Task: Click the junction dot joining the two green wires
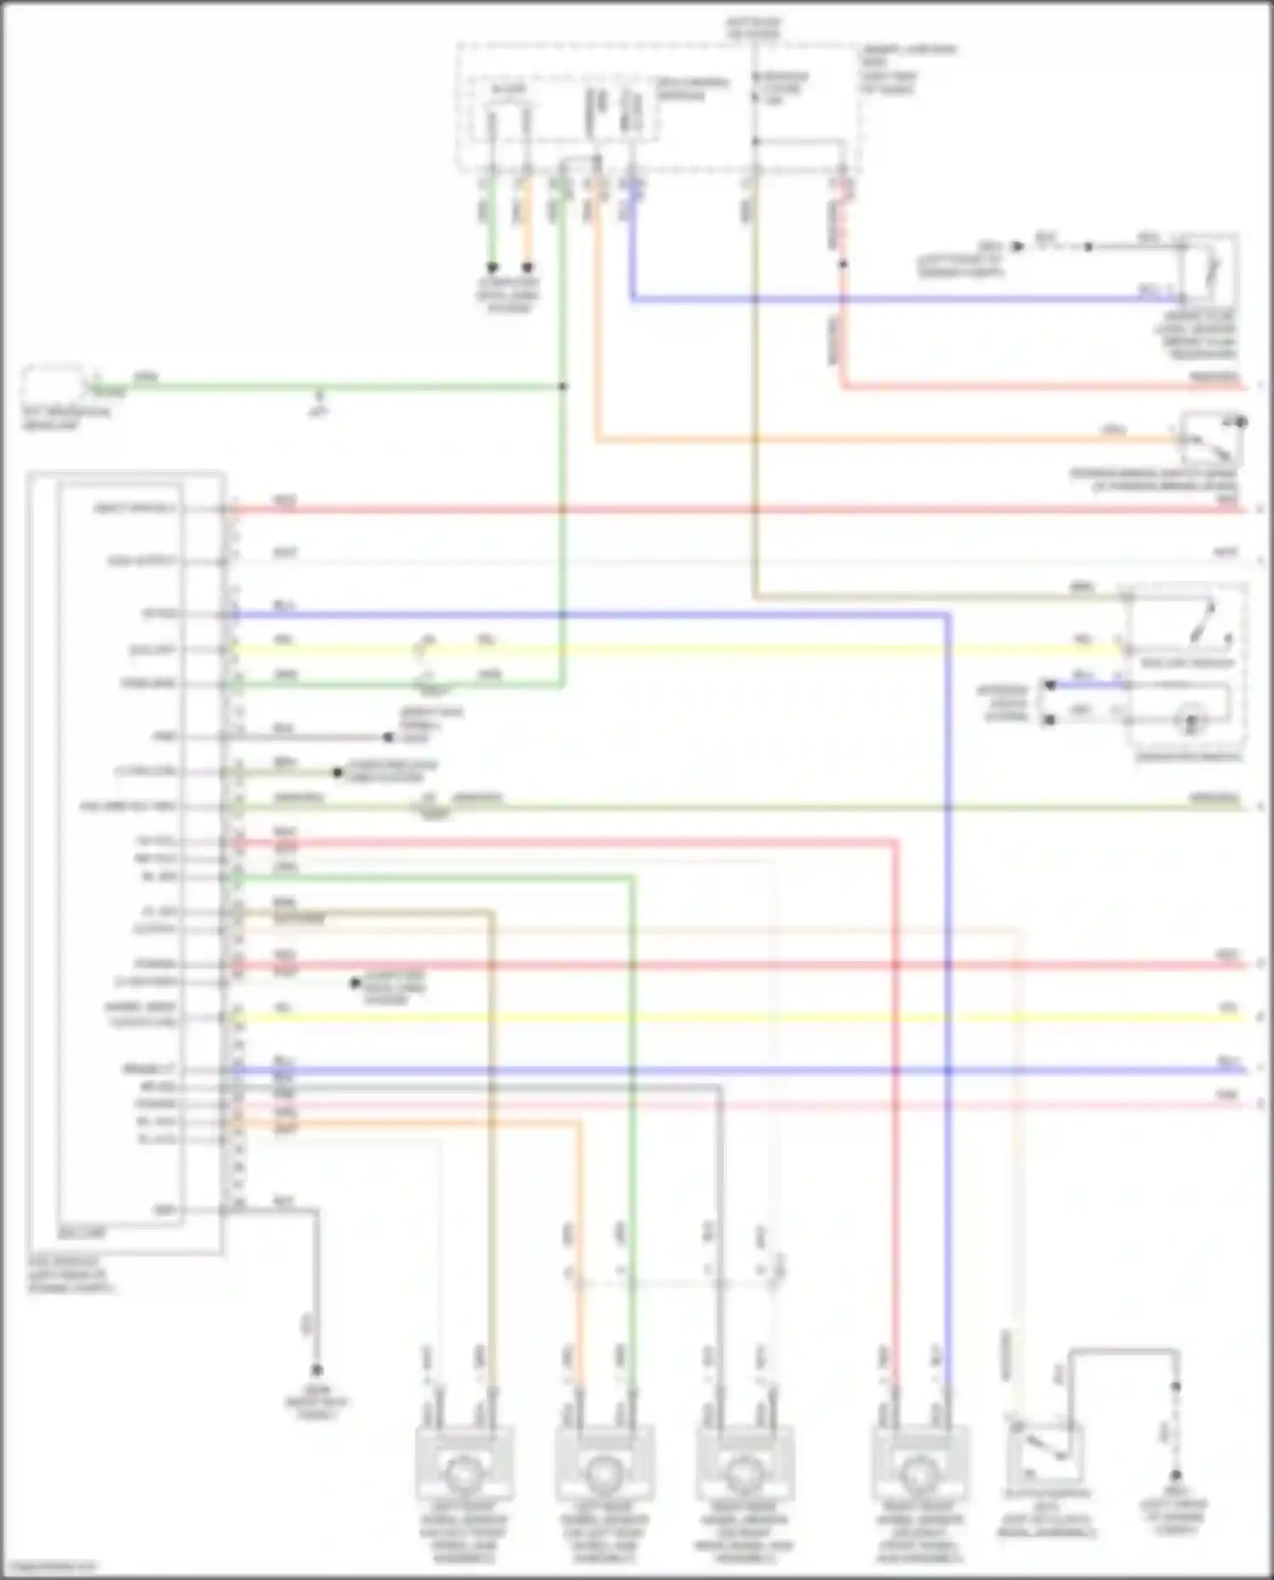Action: (562, 386)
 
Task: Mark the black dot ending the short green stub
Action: (492, 267)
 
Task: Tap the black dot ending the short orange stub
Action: (527, 267)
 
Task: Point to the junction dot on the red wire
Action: (843, 264)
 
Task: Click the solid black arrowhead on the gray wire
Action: (1018, 246)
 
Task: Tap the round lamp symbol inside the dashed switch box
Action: (1191, 722)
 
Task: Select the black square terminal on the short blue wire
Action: (1051, 684)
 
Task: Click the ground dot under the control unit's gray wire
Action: (316, 1369)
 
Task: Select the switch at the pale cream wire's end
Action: (1044, 1457)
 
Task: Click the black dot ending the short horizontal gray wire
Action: (387, 737)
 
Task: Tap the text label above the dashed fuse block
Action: (754, 28)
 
